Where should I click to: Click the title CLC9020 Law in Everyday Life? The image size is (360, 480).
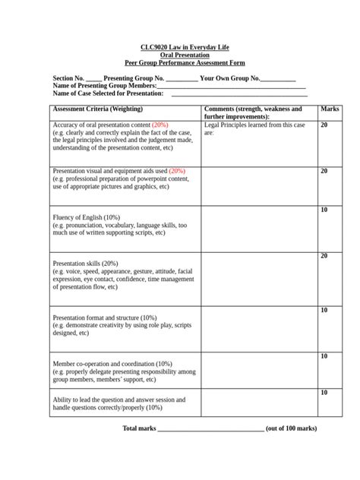(180, 47)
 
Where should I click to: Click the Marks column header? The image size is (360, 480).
(330, 109)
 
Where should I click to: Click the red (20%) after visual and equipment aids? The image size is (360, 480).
(177, 172)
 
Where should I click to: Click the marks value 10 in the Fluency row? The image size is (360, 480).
(324, 210)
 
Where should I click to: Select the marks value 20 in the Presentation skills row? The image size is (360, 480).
(324, 256)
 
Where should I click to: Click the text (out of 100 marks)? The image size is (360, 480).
(292, 428)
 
